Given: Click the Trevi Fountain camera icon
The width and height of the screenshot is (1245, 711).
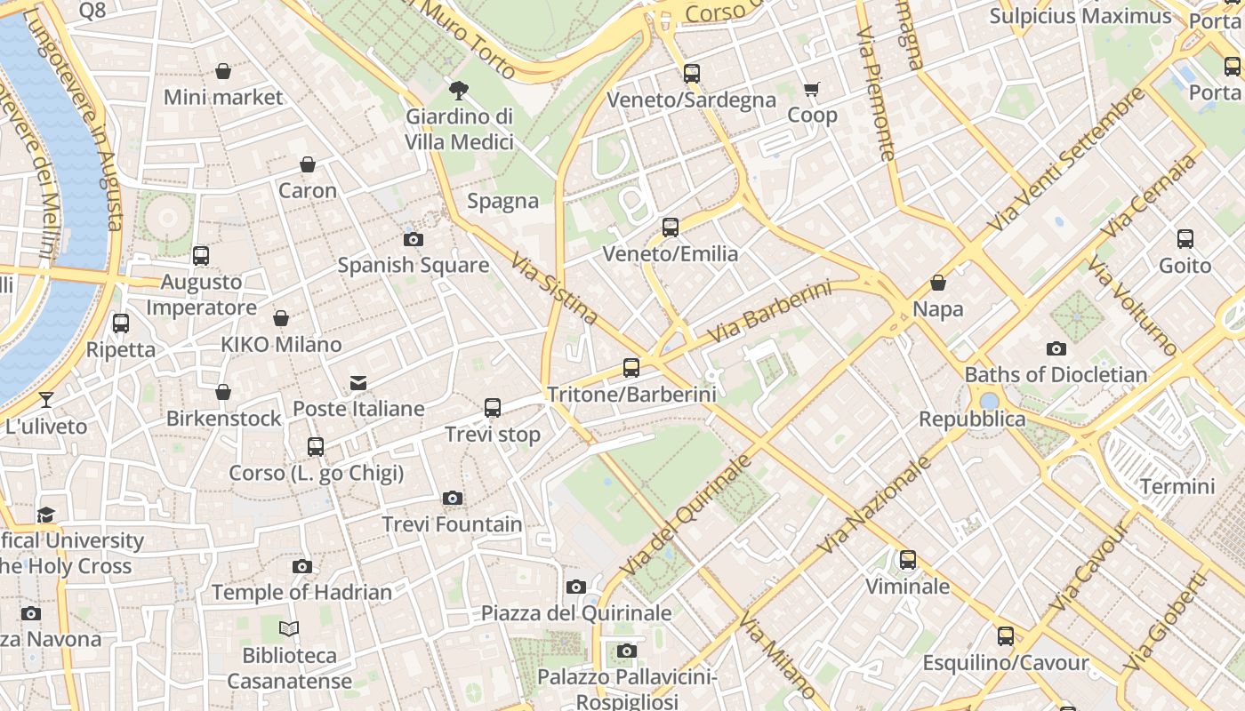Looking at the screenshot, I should pyautogui.click(x=453, y=498).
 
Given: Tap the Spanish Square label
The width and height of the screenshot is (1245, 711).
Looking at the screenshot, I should pyautogui.click(x=413, y=265).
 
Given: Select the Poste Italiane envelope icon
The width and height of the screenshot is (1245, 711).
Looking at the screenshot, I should pyautogui.click(x=358, y=383).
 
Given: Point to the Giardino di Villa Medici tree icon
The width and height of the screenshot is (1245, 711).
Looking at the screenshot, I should pyautogui.click(x=459, y=89).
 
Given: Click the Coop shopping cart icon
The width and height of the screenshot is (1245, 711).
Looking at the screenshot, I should pyautogui.click(x=811, y=89).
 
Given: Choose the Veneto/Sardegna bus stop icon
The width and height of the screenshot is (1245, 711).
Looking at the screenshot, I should pyautogui.click(x=691, y=74).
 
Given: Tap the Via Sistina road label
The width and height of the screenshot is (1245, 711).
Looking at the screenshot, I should pyautogui.click(x=554, y=287).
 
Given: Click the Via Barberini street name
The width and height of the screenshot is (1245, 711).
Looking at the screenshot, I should pyautogui.click(x=770, y=312).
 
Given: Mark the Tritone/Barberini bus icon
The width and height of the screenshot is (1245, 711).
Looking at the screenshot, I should pyautogui.click(x=631, y=367).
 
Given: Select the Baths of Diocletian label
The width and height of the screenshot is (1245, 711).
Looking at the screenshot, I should pyautogui.click(x=1056, y=374).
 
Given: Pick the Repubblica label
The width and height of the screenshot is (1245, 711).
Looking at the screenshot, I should pyautogui.click(x=972, y=419).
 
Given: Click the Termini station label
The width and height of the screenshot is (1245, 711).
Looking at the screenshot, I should pyautogui.click(x=1177, y=486).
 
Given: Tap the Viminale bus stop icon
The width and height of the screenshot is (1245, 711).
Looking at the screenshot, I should pyautogui.click(x=907, y=560).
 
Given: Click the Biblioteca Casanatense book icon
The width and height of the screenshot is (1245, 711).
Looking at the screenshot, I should pyautogui.click(x=289, y=629).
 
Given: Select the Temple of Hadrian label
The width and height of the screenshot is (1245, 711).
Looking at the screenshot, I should pyautogui.click(x=301, y=592).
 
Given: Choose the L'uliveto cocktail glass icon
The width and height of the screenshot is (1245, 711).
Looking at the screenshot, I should pyautogui.click(x=46, y=400).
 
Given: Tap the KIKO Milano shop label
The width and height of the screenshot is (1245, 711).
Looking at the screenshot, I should pyautogui.click(x=281, y=344).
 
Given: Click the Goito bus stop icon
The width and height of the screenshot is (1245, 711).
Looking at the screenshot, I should pyautogui.click(x=1185, y=238).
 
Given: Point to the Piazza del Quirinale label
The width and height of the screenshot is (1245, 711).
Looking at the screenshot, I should pyautogui.click(x=576, y=612).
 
